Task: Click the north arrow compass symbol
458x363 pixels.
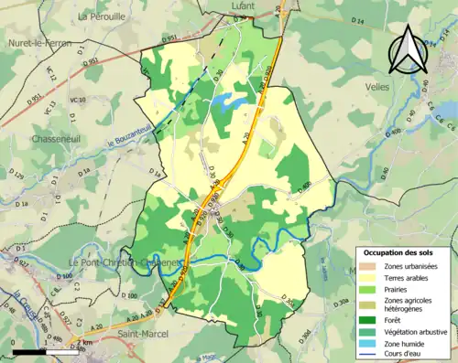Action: (x=408, y=50)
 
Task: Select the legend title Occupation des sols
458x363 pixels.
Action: (x=402, y=251)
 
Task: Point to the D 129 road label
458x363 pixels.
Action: (x=17, y=174)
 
